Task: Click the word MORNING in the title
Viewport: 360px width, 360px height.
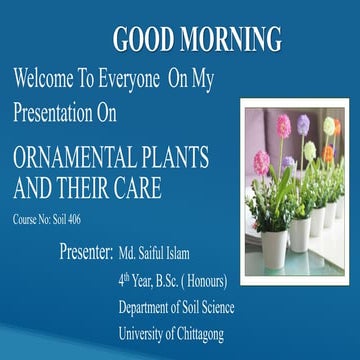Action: [x=239, y=39]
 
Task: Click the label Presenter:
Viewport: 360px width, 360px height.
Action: [x=85, y=247]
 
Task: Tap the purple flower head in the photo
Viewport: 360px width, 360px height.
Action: [x=303, y=123]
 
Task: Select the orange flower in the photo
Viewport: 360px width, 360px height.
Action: [x=328, y=153]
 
